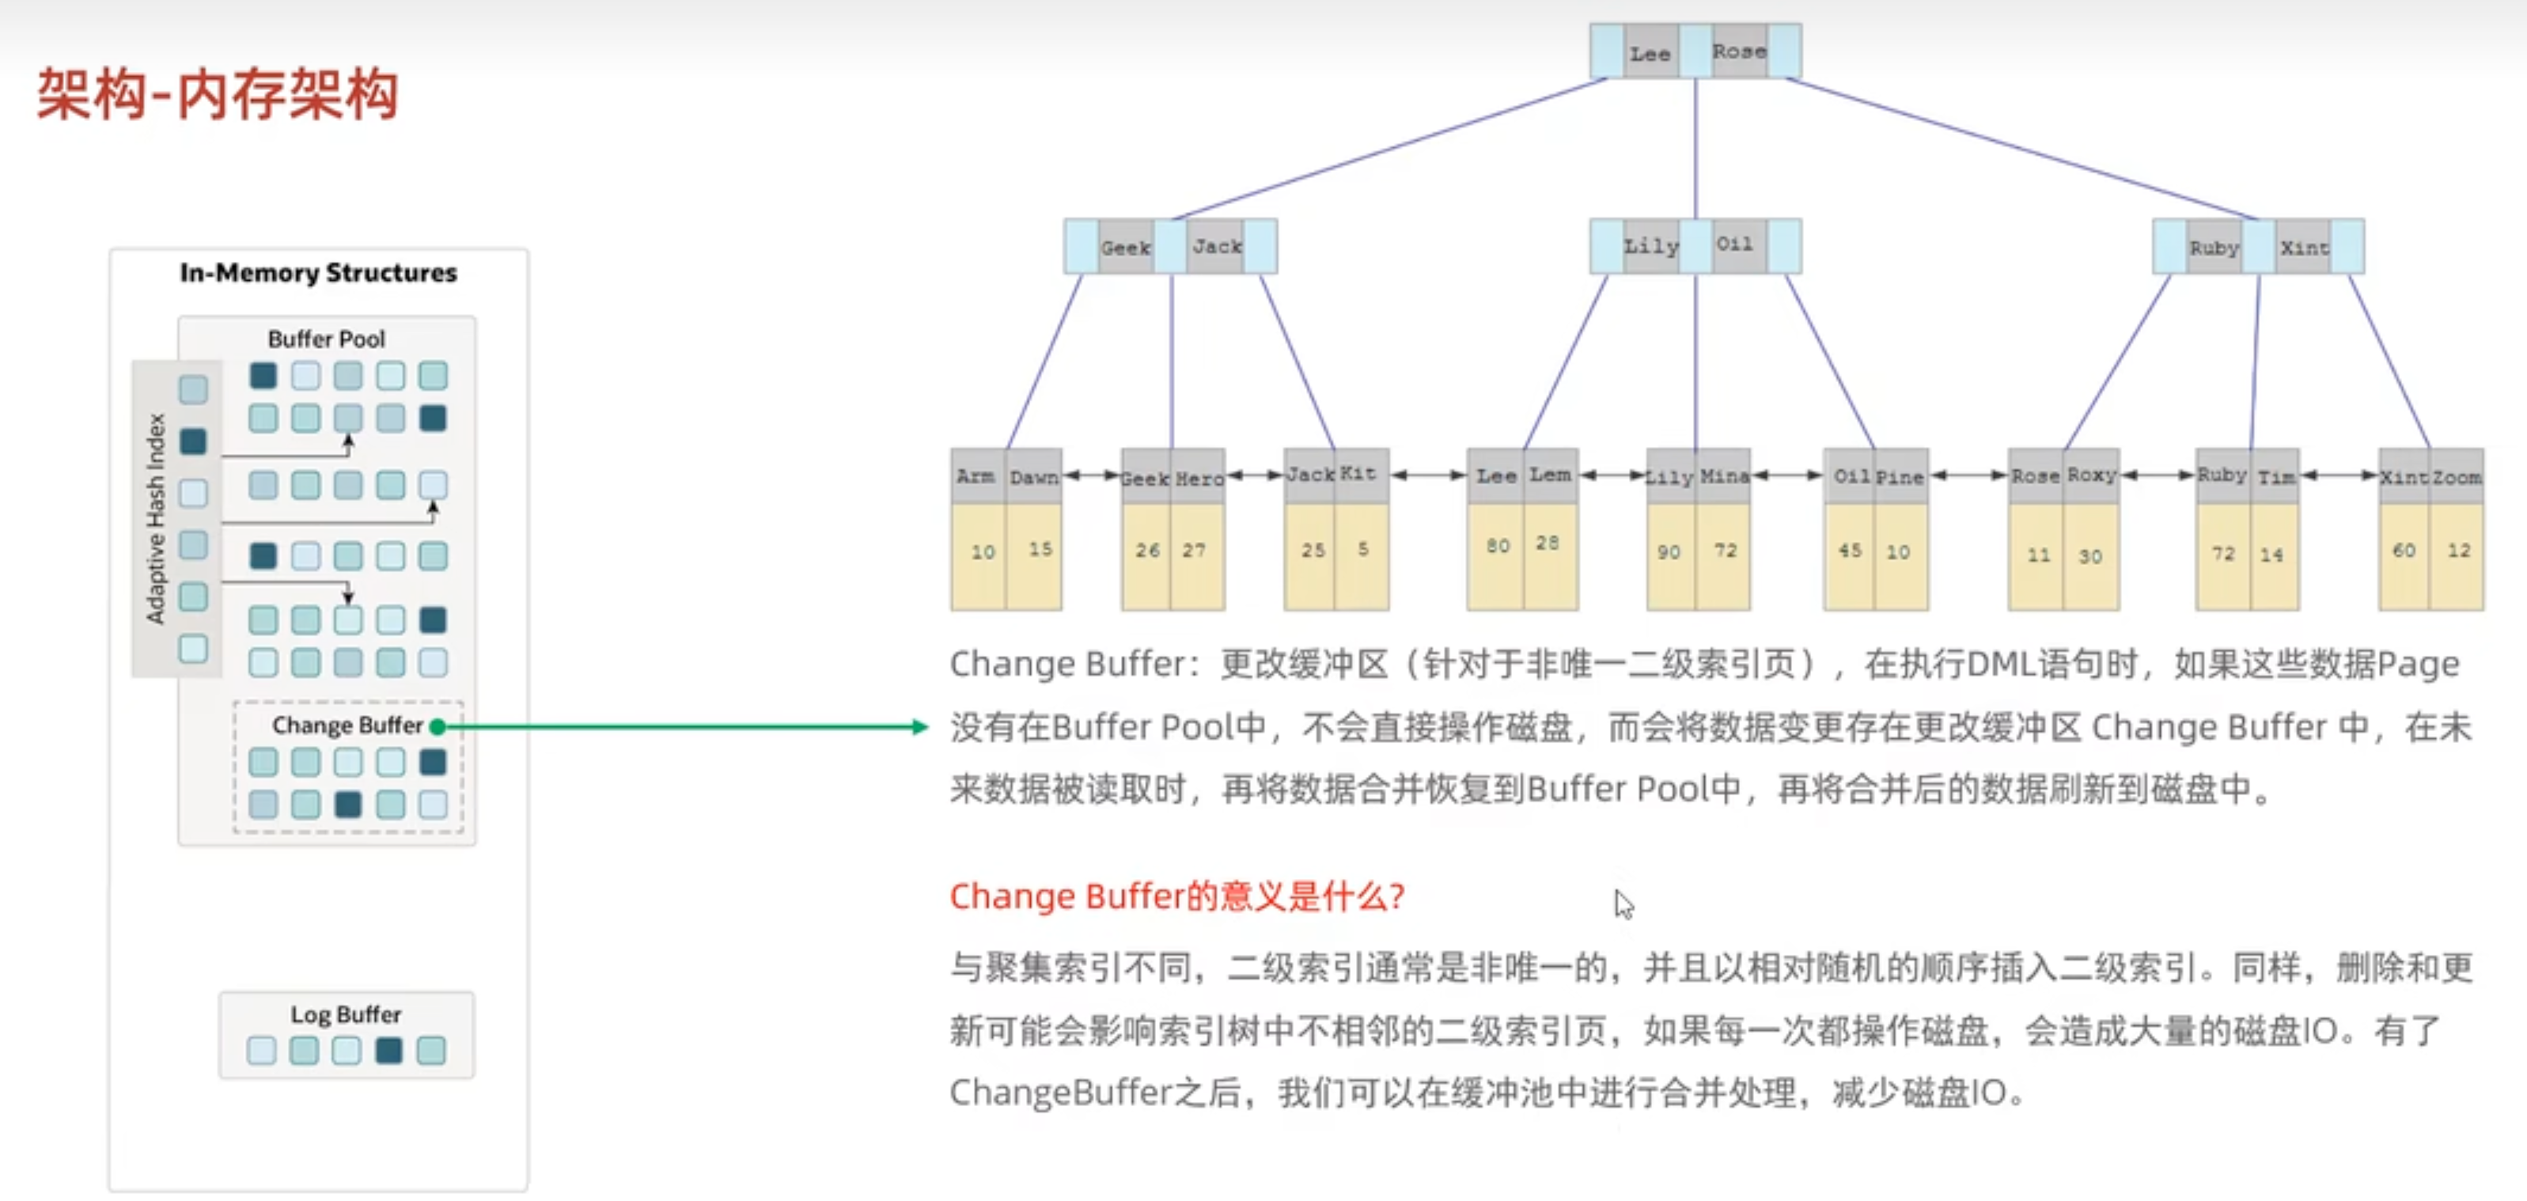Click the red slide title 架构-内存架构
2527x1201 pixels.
coord(217,95)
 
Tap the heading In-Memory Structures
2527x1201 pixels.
coord(318,273)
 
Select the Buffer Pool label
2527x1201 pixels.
coord(326,339)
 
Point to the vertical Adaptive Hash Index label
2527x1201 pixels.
coord(155,518)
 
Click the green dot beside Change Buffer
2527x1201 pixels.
coord(438,726)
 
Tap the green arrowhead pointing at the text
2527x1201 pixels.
coord(919,726)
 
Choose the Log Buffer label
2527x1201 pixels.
coord(345,1013)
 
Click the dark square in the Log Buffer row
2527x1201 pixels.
coord(388,1050)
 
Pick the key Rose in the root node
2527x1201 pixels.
coord(1738,51)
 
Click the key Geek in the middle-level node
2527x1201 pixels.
coord(1124,248)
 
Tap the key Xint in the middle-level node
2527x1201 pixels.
coord(2302,248)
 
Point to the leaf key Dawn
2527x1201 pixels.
coord(1034,477)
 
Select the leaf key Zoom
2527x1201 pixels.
coord(2457,477)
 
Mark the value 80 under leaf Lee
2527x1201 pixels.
coord(1497,546)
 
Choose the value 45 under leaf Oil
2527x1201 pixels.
coord(1849,551)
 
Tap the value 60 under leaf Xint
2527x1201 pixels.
coord(2404,551)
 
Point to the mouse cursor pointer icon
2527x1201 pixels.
coord(1623,903)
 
